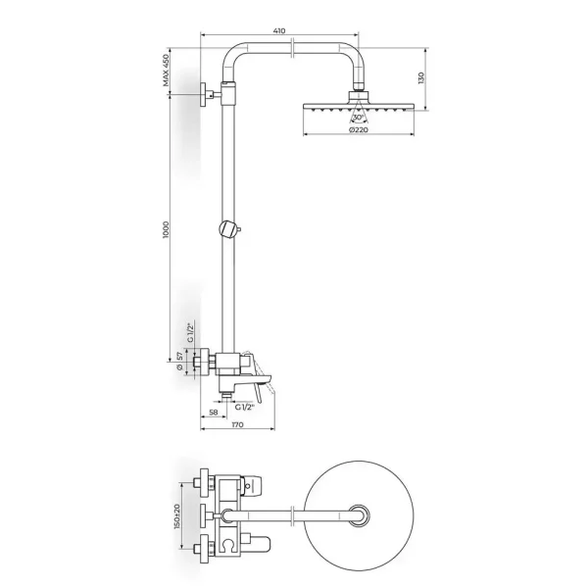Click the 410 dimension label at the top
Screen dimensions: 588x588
pos(279,30)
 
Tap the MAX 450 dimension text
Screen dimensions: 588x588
pos(166,71)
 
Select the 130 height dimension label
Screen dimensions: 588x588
pos(420,78)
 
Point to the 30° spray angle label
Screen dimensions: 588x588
pos(358,118)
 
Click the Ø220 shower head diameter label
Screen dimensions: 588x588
pos(358,129)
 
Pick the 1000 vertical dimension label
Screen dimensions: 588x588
pos(166,230)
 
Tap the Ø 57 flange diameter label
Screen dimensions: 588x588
pos(179,361)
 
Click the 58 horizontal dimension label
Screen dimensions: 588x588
pos(214,413)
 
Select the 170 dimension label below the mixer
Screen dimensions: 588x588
pos(238,424)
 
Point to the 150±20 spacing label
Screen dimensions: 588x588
pos(176,516)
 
